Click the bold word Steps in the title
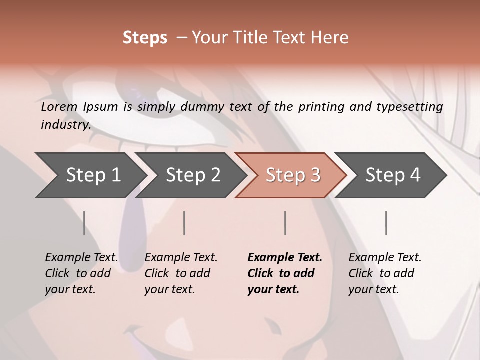145,37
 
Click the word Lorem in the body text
59,107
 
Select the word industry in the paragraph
65,124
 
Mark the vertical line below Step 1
84,223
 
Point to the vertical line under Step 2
184,223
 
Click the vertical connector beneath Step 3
285,223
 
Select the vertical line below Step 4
386,223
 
